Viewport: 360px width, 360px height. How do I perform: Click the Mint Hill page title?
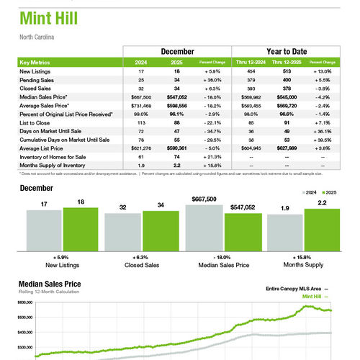(48, 19)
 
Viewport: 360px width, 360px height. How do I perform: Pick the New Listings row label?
(35, 72)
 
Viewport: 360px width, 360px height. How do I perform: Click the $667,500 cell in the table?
(141, 96)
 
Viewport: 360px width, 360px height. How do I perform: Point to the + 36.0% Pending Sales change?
(215, 80)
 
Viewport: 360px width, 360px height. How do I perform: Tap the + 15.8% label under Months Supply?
(303, 256)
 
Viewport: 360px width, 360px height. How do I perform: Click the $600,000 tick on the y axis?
(25, 302)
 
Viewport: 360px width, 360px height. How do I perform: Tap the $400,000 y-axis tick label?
(25, 331)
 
